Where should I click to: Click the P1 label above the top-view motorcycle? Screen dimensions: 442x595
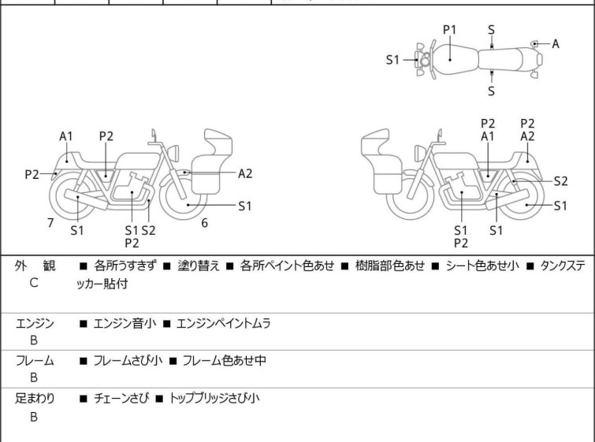(x=449, y=30)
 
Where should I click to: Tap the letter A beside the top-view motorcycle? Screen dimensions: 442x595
(x=556, y=43)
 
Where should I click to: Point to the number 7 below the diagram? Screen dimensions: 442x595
(x=50, y=223)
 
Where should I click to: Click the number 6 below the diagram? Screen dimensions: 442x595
(x=204, y=223)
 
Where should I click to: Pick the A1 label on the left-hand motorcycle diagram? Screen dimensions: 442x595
(x=66, y=136)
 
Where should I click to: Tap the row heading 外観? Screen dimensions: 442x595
(x=35, y=266)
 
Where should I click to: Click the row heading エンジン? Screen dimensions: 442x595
(x=35, y=323)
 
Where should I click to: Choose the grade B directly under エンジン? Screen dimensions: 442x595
(x=34, y=340)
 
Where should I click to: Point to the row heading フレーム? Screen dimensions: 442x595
(x=35, y=361)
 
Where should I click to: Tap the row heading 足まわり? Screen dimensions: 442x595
(x=35, y=399)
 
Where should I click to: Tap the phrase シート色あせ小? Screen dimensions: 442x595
(x=480, y=266)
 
